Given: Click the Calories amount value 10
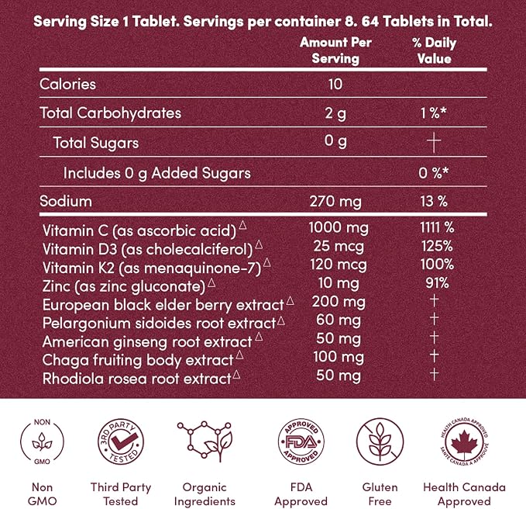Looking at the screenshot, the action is [x=335, y=85].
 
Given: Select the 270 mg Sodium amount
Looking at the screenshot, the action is [x=335, y=202].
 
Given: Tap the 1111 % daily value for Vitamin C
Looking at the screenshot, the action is [x=437, y=227].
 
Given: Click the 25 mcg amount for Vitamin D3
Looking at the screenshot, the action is [x=339, y=246].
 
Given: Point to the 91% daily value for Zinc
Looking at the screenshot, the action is [x=437, y=283].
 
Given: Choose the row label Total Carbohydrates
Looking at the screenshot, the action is [x=110, y=113].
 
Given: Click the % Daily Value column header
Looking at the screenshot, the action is [x=434, y=50].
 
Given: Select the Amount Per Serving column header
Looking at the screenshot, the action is [x=335, y=50].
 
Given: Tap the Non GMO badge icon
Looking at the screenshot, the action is [x=42, y=441].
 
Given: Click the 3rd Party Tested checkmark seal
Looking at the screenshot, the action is [x=121, y=441].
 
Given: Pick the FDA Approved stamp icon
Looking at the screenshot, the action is [x=301, y=441].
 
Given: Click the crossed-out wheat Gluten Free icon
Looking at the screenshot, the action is [x=380, y=441].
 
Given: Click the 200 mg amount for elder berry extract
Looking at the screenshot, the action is [x=339, y=302].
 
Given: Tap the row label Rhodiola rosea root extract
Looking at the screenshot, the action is [x=137, y=379].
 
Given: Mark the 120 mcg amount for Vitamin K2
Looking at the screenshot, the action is [x=339, y=265].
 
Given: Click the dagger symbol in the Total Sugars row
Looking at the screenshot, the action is [x=434, y=142].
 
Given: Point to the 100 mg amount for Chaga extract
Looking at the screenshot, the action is [x=339, y=357].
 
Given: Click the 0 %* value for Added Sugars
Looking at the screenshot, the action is [x=433, y=173].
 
